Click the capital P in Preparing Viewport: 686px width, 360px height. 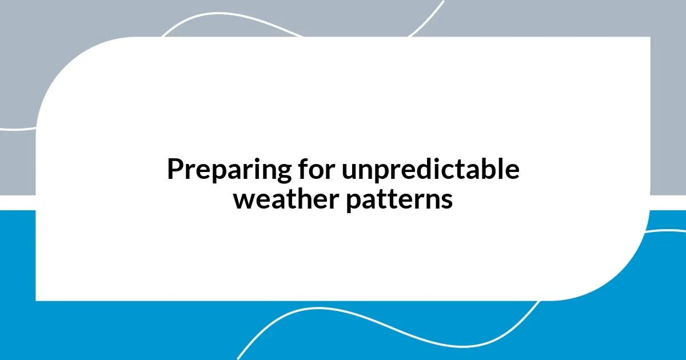coord(174,170)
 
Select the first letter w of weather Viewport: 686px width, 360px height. coord(243,201)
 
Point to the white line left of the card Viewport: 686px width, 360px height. coord(17,129)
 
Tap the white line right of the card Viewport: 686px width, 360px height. coord(669,231)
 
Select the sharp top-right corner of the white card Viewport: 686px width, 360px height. coord(649,38)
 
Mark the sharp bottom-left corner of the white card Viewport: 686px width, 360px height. coord(37,299)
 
